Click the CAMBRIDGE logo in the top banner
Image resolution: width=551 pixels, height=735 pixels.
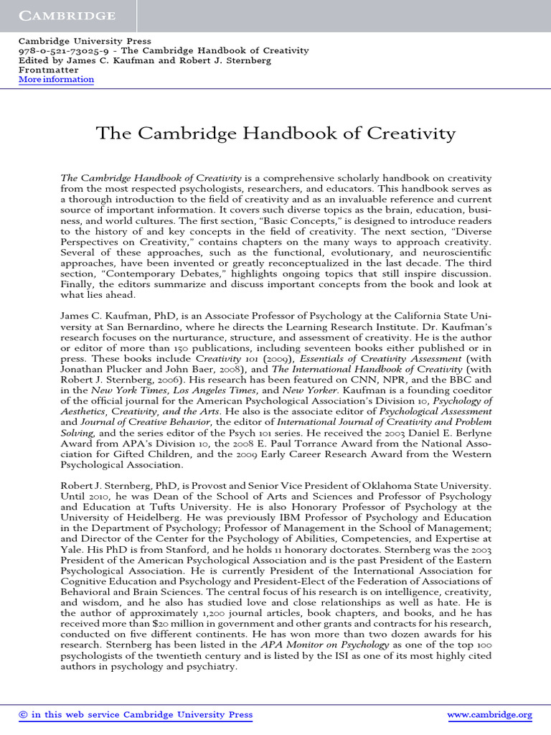67,15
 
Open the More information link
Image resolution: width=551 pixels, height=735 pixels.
56,80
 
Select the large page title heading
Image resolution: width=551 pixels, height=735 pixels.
275,134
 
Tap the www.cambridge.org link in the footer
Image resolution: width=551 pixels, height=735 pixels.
489,715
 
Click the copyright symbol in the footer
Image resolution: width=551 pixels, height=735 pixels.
23,715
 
